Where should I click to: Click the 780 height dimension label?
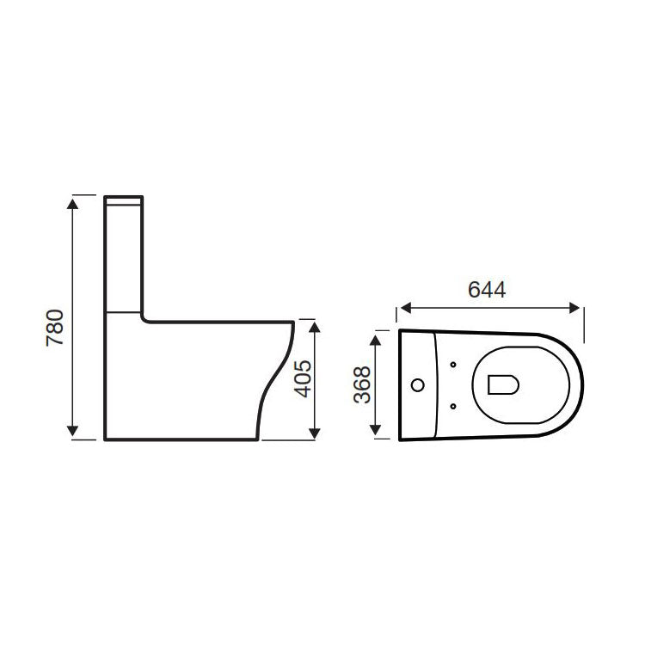(54, 327)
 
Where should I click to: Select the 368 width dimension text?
(362, 385)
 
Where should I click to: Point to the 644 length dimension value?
(487, 290)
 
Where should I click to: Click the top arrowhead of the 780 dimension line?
(74, 203)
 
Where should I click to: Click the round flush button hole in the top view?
(418, 384)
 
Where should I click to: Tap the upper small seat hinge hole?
(453, 366)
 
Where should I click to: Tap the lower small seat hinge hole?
(453, 403)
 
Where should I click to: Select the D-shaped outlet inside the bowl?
(501, 384)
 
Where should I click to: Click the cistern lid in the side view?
(123, 200)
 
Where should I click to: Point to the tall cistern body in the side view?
(123, 258)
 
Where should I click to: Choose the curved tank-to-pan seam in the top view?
(439, 384)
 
